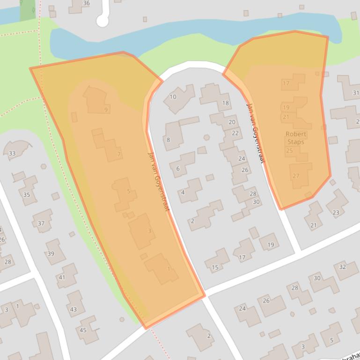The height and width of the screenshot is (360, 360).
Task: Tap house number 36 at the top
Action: (86, 3)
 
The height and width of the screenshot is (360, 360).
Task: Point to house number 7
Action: (119, 154)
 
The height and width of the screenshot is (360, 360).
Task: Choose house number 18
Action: (225, 103)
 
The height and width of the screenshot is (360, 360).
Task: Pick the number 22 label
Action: (235, 133)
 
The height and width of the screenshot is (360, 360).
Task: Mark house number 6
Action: (178, 169)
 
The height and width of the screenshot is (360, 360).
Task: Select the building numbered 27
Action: (296, 176)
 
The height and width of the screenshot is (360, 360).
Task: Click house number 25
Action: (289, 151)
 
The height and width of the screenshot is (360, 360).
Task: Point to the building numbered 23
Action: (336, 212)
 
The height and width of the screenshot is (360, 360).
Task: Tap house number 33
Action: (12, 153)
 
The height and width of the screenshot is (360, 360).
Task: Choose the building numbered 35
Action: (26, 195)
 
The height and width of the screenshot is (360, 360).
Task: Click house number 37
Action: (41, 223)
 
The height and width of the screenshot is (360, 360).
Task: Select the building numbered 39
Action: (51, 254)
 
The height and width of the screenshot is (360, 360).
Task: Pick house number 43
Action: (73, 309)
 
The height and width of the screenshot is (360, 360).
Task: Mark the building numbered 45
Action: (83, 330)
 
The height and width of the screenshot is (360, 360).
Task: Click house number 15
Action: (215, 267)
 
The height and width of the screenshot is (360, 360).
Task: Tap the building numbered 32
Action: (342, 267)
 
